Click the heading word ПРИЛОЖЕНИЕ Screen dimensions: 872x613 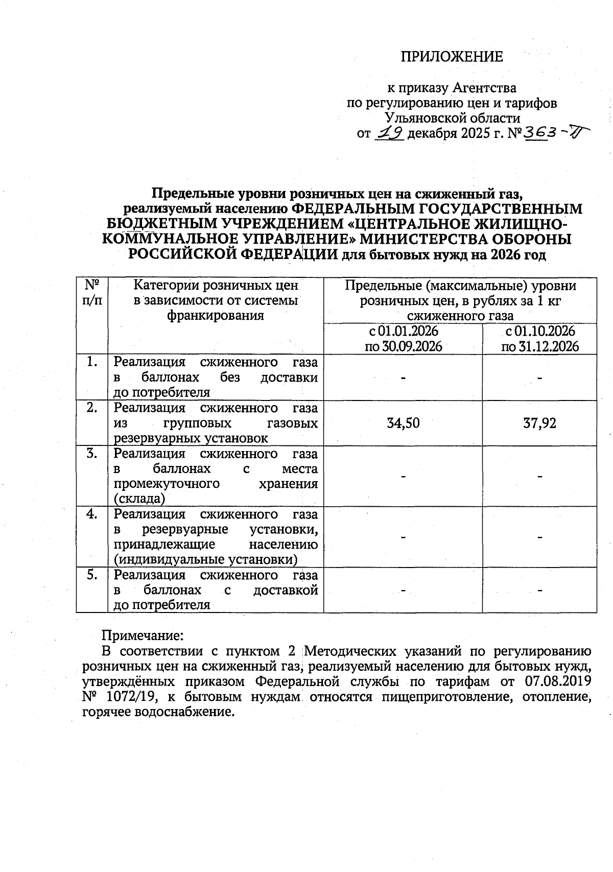[x=451, y=57]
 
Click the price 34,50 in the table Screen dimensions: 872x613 [x=403, y=423]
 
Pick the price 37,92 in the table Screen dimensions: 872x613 [x=539, y=423]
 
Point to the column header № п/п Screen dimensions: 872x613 [x=92, y=292]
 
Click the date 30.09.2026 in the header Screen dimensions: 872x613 [x=403, y=346]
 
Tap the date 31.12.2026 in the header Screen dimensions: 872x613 [x=540, y=346]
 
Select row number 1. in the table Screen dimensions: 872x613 [x=92, y=362]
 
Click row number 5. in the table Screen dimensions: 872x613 [x=92, y=575]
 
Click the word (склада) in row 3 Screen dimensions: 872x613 [x=139, y=499]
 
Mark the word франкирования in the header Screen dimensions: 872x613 [x=216, y=315]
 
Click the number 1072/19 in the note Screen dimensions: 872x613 [x=123, y=697]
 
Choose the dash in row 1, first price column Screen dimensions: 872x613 [x=403, y=378]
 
